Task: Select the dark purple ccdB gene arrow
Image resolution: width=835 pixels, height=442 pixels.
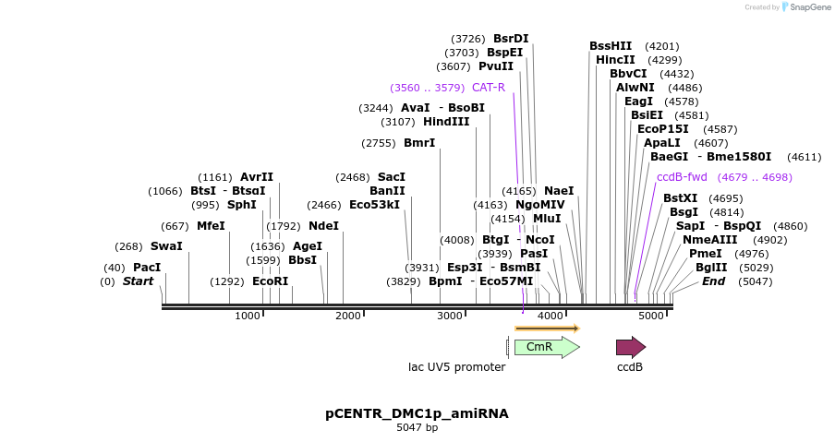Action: coord(630,347)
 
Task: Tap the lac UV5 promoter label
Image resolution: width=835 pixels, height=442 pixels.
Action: coord(456,367)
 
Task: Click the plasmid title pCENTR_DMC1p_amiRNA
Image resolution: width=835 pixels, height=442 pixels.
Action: coord(417,413)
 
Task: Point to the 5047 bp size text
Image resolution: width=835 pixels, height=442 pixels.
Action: coord(417,428)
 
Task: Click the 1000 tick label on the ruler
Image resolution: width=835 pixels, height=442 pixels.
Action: coord(248,317)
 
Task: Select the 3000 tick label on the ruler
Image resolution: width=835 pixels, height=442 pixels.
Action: coord(449,317)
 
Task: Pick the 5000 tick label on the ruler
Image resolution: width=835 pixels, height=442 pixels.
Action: coord(651,317)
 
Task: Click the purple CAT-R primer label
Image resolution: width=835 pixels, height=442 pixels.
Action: coord(489,88)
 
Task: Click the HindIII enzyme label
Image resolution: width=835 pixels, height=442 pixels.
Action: coord(446,122)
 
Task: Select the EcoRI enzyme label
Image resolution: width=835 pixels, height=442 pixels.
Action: coord(270,281)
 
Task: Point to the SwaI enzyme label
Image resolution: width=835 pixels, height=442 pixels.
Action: coord(166,246)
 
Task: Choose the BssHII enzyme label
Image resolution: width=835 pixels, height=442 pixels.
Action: coord(611,46)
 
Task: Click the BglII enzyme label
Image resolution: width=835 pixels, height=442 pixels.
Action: coord(711,268)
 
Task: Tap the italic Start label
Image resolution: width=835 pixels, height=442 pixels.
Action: coord(138,281)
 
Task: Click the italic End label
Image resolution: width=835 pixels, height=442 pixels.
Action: coord(713,281)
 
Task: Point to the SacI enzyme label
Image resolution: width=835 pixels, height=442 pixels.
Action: coord(392,177)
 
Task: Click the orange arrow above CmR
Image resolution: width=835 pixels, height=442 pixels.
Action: coord(547,328)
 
